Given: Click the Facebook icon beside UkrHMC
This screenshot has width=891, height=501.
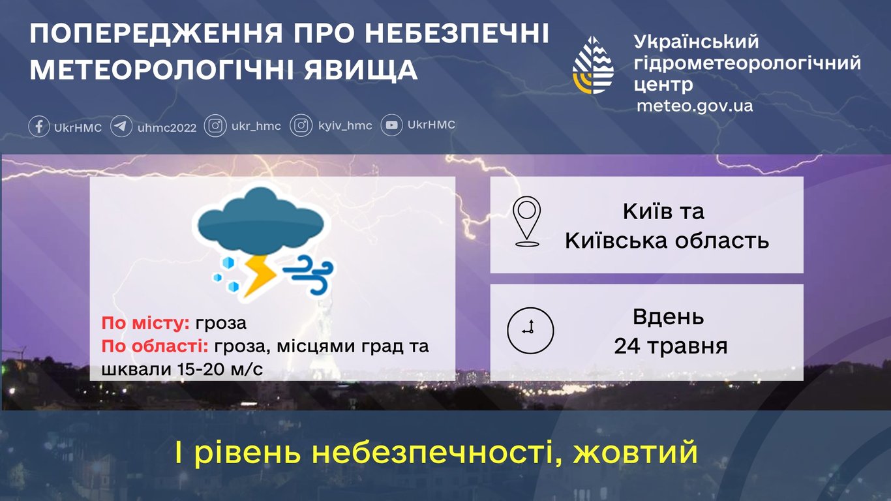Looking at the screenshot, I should click(x=39, y=126).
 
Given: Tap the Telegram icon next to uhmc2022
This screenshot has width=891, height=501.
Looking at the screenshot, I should click(x=121, y=126).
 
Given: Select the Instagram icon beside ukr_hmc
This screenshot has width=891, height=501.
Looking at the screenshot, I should click(x=215, y=126).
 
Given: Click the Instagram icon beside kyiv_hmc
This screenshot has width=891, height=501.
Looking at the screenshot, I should click(x=301, y=126).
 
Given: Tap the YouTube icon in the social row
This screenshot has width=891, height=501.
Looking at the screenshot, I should click(x=391, y=125).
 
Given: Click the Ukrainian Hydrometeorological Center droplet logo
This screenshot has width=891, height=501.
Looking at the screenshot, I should click(x=593, y=65).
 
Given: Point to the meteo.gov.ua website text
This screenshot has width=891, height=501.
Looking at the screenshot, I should click(x=695, y=106).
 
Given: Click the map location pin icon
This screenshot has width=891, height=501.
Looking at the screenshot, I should click(x=527, y=222).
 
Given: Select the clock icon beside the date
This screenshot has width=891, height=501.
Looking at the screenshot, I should click(x=530, y=329).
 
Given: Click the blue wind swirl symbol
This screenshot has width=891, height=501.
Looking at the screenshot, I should click(x=309, y=274).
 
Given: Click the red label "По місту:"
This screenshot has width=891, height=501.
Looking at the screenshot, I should click(x=145, y=324).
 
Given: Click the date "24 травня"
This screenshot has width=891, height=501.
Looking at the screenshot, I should click(x=671, y=346).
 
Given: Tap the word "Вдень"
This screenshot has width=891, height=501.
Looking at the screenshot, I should click(x=668, y=317).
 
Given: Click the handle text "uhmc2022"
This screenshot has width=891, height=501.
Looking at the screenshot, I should click(x=167, y=127).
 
